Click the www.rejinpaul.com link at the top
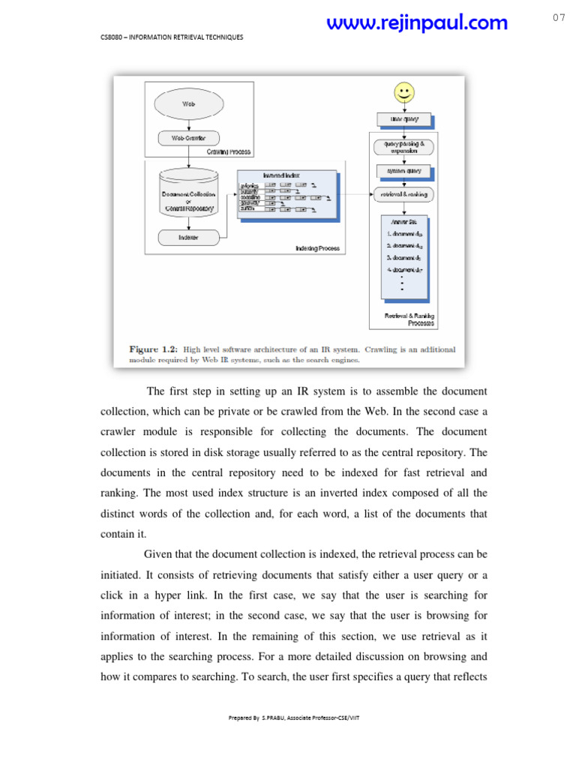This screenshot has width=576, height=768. pos(417,23)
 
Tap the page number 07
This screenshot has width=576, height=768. pos(559,18)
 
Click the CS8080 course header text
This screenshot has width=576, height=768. pos(172,37)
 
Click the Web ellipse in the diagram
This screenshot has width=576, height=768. pos(188,104)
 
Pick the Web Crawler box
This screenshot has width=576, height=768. pos(188,138)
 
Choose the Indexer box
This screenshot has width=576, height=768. pos(188,237)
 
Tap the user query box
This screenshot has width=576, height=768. pos(403,119)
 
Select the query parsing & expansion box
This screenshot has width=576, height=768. pos(403,146)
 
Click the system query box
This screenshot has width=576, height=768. pos(403,170)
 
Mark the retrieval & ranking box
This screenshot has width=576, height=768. pos(403,194)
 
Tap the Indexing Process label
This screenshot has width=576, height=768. pos(317,248)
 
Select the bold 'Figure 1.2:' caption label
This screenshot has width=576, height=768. pos(153,349)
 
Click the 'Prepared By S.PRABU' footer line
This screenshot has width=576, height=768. pos(294,718)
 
